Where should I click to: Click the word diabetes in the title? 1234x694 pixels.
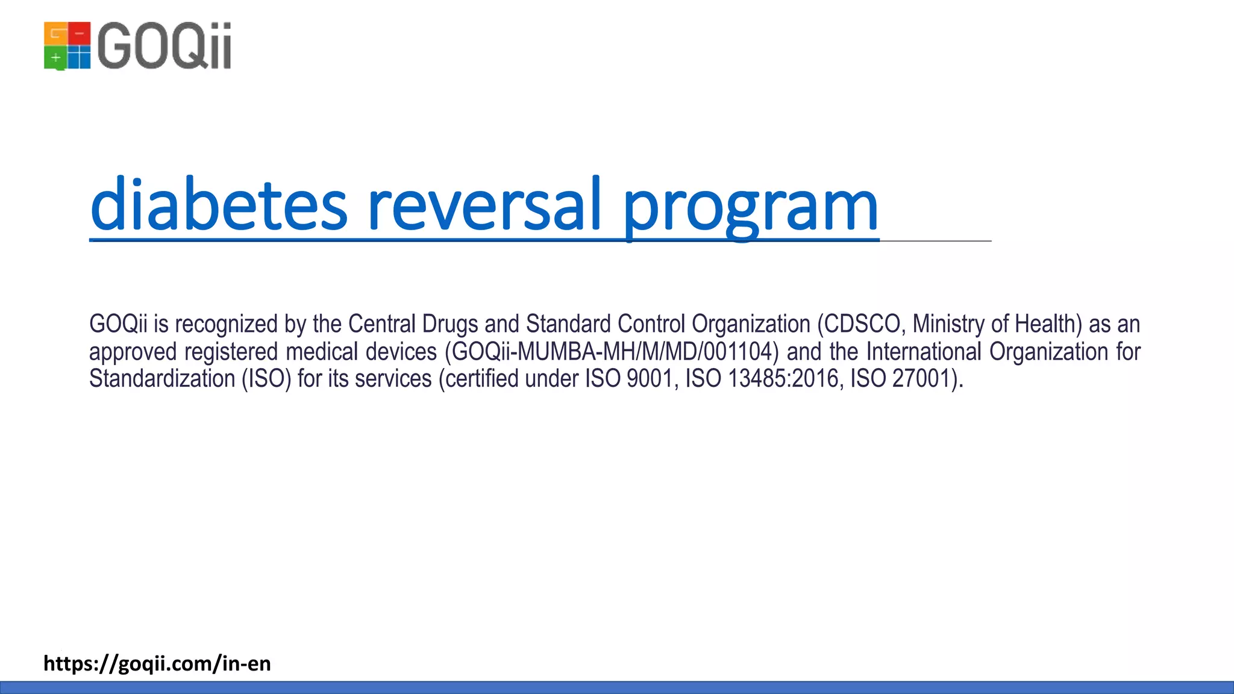point(219,205)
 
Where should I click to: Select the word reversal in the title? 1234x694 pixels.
point(484,205)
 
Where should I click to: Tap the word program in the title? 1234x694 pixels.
point(750,208)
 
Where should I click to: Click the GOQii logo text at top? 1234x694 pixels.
point(163,46)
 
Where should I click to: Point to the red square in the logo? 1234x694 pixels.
point(79,34)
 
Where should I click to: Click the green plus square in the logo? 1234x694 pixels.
point(55,58)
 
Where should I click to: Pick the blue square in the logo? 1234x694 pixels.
point(79,58)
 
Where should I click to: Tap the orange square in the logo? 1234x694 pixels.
point(55,34)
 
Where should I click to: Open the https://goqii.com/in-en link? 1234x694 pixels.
point(157,663)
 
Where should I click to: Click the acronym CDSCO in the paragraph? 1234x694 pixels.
point(862,324)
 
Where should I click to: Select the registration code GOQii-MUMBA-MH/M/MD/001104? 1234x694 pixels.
point(612,352)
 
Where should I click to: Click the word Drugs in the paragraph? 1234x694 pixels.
point(450,324)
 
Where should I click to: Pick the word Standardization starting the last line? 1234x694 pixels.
point(162,379)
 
